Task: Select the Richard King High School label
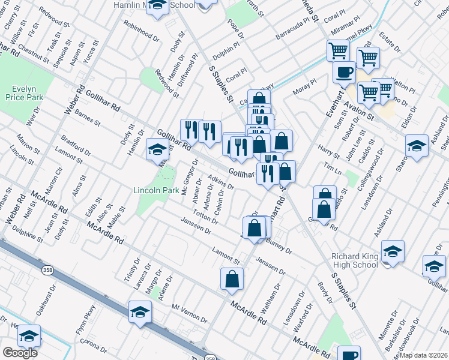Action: coord(355,260)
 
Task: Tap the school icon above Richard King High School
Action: coord(393,251)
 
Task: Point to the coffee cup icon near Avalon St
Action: coord(345,73)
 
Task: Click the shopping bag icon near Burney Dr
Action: coord(255,227)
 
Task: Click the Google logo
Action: coord(19,353)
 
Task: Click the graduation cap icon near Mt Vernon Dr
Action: coord(140,311)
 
